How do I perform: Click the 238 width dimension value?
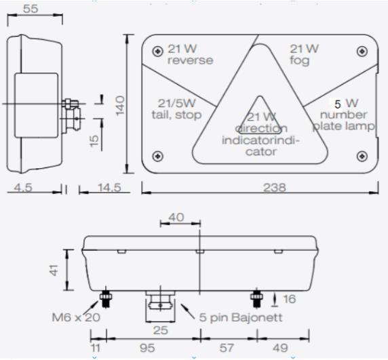click(x=275, y=187)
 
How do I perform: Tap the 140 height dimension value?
click(x=120, y=106)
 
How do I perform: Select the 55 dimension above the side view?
click(x=31, y=9)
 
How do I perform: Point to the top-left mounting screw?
click(x=157, y=52)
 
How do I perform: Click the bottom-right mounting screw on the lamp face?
click(x=362, y=156)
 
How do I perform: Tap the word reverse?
click(x=191, y=60)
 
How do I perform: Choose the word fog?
click(x=300, y=61)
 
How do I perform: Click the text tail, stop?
click(x=176, y=115)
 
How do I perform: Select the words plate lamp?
click(x=344, y=126)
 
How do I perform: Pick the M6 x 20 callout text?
click(x=76, y=317)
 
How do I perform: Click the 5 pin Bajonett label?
click(x=241, y=317)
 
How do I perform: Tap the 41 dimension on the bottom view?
click(x=54, y=270)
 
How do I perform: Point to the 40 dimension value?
click(x=176, y=218)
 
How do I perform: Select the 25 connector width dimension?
click(x=161, y=330)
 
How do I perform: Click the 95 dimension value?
click(x=147, y=348)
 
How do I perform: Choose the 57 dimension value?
click(x=226, y=348)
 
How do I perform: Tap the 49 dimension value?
click(x=280, y=348)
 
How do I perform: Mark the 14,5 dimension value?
click(x=110, y=188)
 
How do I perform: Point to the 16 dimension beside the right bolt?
click(x=290, y=299)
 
